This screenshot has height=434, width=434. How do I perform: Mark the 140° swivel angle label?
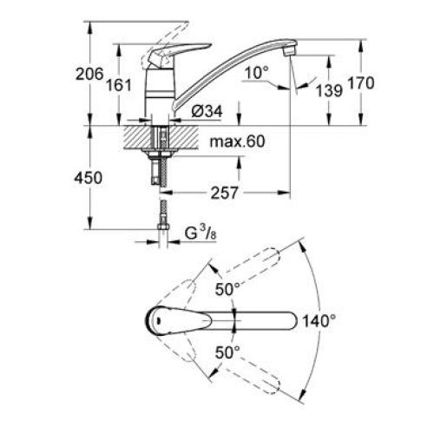pyautogui.click(x=319, y=320)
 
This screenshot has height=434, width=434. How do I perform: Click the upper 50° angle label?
pyautogui.click(x=228, y=288)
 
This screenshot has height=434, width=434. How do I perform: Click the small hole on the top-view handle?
pyautogui.click(x=158, y=320)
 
